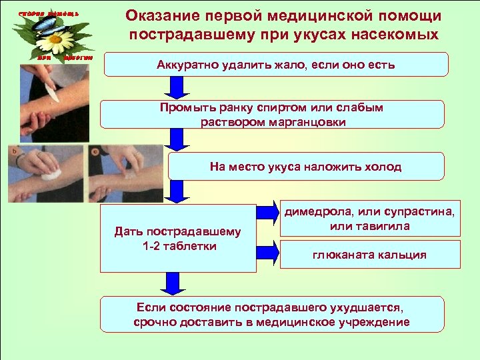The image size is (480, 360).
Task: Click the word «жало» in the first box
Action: (x=293, y=65)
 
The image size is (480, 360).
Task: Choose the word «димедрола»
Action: (x=317, y=212)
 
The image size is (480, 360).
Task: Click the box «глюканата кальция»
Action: (x=369, y=255)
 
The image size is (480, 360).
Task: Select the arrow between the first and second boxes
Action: (x=176, y=87)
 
